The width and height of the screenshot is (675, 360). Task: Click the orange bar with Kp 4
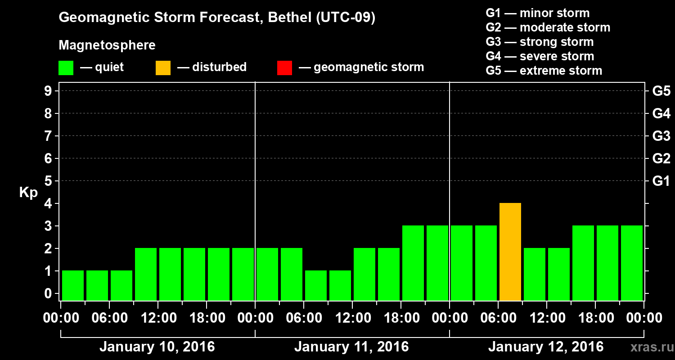click(x=510, y=252)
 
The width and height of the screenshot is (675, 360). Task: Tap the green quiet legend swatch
click(x=66, y=68)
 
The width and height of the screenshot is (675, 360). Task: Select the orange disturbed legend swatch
click(x=163, y=68)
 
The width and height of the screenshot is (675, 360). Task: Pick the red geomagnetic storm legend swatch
click(x=284, y=68)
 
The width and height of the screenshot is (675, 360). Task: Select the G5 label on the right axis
click(x=661, y=91)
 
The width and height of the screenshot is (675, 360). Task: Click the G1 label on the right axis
click(x=661, y=181)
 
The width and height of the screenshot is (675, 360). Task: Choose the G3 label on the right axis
click(x=661, y=136)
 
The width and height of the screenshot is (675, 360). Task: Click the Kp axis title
click(x=28, y=193)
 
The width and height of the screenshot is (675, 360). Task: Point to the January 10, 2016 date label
click(x=157, y=347)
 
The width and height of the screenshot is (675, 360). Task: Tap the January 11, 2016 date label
click(x=351, y=347)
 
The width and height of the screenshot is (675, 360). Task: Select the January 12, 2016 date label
click(x=546, y=347)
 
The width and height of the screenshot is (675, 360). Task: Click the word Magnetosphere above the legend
click(x=107, y=45)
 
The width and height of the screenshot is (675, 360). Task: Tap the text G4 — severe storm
click(x=540, y=56)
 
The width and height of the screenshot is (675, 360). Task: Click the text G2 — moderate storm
click(x=548, y=27)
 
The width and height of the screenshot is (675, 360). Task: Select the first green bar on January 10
click(x=73, y=285)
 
